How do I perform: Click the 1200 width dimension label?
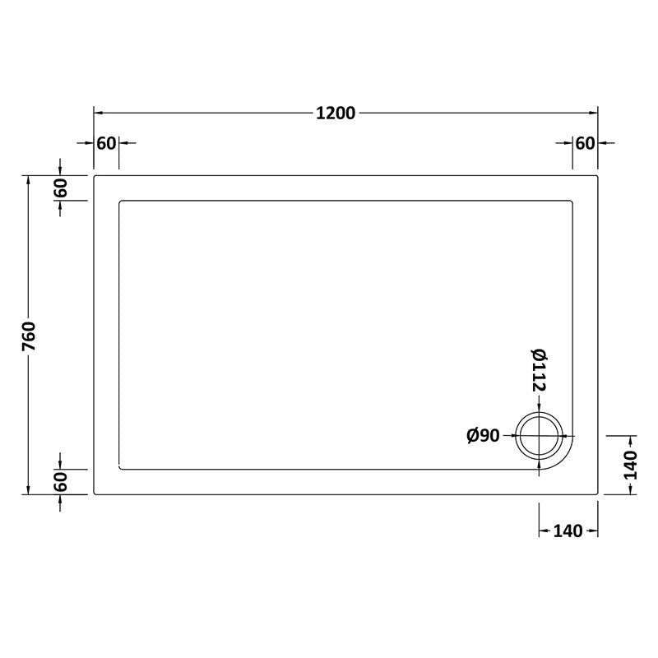click(336, 114)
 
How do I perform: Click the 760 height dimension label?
click(28, 336)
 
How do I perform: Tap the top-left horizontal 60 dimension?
click(106, 143)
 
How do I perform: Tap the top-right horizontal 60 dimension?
click(584, 143)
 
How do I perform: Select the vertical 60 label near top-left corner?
click(61, 188)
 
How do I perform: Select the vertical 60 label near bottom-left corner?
click(61, 481)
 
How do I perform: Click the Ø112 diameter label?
click(539, 370)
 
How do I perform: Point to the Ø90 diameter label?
click(484, 436)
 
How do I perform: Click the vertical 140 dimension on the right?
click(631, 465)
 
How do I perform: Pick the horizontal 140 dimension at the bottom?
click(568, 531)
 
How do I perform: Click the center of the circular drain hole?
click(539, 436)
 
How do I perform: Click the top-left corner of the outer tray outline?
click(95, 175)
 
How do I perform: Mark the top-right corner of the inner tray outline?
click(572, 200)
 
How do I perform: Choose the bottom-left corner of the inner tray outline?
click(121, 469)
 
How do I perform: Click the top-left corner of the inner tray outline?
click(121, 200)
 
